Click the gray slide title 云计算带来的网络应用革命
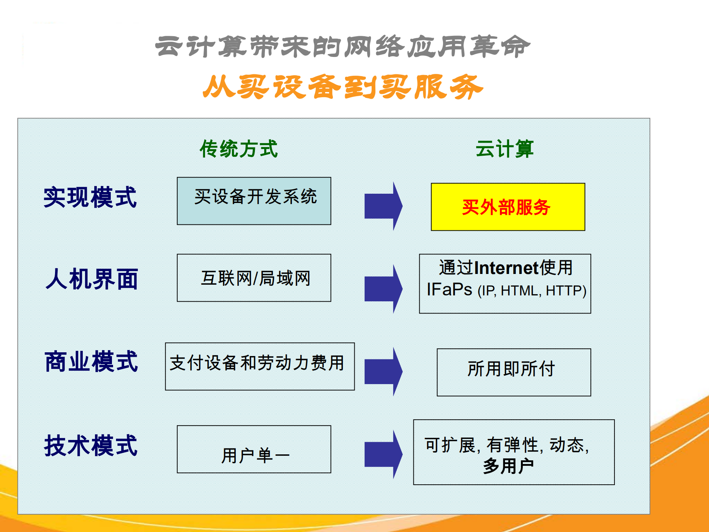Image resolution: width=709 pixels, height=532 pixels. (x=342, y=47)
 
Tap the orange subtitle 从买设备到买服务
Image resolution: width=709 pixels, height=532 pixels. (x=343, y=87)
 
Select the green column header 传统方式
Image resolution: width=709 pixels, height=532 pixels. (x=239, y=149)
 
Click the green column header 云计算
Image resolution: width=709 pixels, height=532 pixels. (x=504, y=149)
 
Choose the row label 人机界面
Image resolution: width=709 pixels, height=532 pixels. (x=92, y=279)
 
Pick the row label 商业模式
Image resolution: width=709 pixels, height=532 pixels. (x=91, y=362)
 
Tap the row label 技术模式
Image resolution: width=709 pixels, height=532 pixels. (x=91, y=445)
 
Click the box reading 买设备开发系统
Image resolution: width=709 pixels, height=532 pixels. (x=254, y=201)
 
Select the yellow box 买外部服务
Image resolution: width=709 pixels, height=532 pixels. (x=508, y=207)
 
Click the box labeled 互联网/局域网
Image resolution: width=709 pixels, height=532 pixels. (x=254, y=278)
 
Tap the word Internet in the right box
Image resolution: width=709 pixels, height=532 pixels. (x=506, y=268)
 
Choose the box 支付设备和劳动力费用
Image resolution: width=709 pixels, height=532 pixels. (x=260, y=366)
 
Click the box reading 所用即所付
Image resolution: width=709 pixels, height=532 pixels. (x=514, y=372)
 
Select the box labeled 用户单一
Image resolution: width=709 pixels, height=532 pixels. (x=254, y=449)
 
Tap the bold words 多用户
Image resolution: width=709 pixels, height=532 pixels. (x=508, y=466)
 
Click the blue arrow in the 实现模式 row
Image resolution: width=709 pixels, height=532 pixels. (x=383, y=206)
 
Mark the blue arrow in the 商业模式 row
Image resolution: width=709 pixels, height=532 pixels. (x=383, y=372)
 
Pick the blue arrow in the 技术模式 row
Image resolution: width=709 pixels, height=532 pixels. (x=383, y=454)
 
